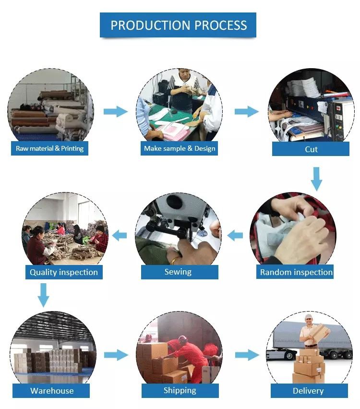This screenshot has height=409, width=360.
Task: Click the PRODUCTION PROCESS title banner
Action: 178,25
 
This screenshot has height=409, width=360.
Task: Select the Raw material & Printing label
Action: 49,148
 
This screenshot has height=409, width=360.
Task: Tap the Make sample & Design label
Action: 180,148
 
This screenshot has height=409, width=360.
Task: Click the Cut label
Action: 311,149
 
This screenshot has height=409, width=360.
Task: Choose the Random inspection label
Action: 296,272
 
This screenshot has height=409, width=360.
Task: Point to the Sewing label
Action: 178,272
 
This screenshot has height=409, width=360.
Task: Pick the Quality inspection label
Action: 63,272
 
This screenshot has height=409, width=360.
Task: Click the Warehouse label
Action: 52,390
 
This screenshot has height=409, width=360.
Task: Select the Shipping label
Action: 180,390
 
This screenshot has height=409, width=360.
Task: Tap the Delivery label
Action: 308,391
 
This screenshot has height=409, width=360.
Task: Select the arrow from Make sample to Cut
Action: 246,112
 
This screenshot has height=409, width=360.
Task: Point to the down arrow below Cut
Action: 315,179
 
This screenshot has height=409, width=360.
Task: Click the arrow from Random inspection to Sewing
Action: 235,235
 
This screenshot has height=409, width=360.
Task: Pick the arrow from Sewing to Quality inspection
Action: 120,235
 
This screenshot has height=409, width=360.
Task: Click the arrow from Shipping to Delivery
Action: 246,355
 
